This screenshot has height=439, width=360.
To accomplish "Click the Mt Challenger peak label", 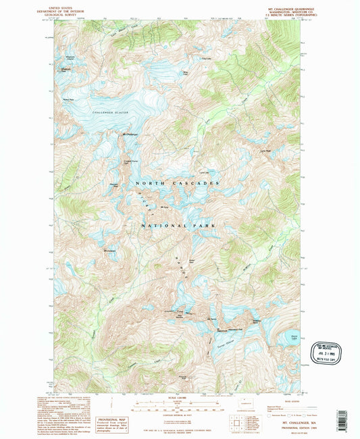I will pos(130,134).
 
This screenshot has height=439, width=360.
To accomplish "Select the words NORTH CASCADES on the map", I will pos(177,184).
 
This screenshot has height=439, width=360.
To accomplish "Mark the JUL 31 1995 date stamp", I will pos(329,350).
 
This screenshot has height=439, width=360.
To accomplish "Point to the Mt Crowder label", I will pos(111,252).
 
